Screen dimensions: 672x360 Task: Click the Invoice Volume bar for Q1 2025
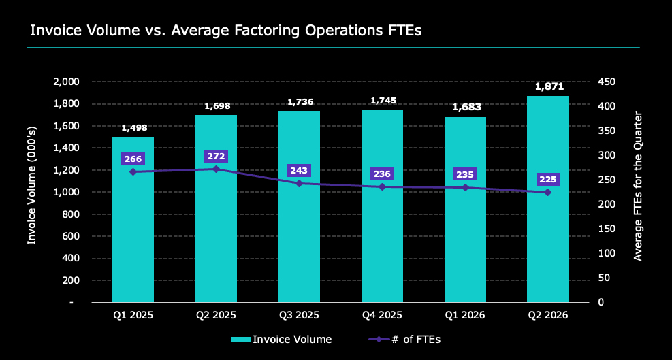tap(133, 220)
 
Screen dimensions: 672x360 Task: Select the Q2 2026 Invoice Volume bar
tap(547, 199)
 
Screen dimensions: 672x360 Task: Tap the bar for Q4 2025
tap(382, 206)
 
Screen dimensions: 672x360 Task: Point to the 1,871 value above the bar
tap(549, 87)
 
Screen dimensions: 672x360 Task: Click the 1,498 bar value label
tap(135, 127)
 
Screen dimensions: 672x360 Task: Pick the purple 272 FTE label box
tap(216, 157)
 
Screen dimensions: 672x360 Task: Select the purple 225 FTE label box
tap(548, 180)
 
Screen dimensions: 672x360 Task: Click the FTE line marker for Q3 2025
tap(299, 184)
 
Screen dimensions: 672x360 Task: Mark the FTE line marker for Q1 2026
tap(465, 187)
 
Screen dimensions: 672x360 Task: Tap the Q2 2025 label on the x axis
tap(216, 316)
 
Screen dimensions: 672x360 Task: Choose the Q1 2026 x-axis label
tap(465, 316)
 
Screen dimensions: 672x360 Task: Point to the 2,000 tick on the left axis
tap(67, 82)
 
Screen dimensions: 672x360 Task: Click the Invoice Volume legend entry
tap(282, 340)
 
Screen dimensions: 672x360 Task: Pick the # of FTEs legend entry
tap(404, 340)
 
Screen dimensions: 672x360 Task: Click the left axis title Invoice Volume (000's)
tap(32, 186)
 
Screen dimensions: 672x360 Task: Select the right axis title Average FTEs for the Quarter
tap(638, 186)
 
